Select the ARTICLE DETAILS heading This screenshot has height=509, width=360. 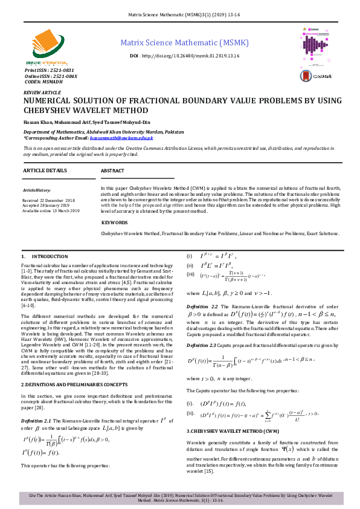[x=45, y=171]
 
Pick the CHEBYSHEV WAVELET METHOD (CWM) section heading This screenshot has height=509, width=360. [x=232, y=430]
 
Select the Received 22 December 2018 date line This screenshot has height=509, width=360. [x=48, y=199]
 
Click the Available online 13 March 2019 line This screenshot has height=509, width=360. [x=51, y=210]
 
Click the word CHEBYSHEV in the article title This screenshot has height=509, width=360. [x=49, y=111]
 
